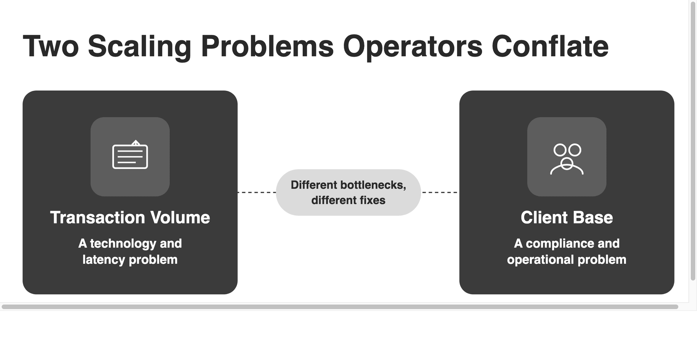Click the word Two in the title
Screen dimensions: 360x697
(x=51, y=46)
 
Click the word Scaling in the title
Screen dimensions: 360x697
(x=139, y=46)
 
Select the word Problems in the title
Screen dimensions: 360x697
(x=267, y=46)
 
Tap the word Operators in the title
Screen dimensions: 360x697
(x=412, y=46)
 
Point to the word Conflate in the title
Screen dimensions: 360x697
(x=550, y=46)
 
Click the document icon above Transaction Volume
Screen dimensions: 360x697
(x=130, y=155)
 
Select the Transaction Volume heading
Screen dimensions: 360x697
(x=130, y=218)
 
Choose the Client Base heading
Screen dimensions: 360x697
(x=567, y=218)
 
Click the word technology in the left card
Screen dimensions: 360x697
(x=123, y=243)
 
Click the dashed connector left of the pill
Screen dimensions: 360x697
(x=257, y=192)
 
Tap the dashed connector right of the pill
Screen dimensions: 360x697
(x=440, y=192)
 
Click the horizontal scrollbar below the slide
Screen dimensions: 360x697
(x=340, y=307)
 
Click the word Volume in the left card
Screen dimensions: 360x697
(x=180, y=218)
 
